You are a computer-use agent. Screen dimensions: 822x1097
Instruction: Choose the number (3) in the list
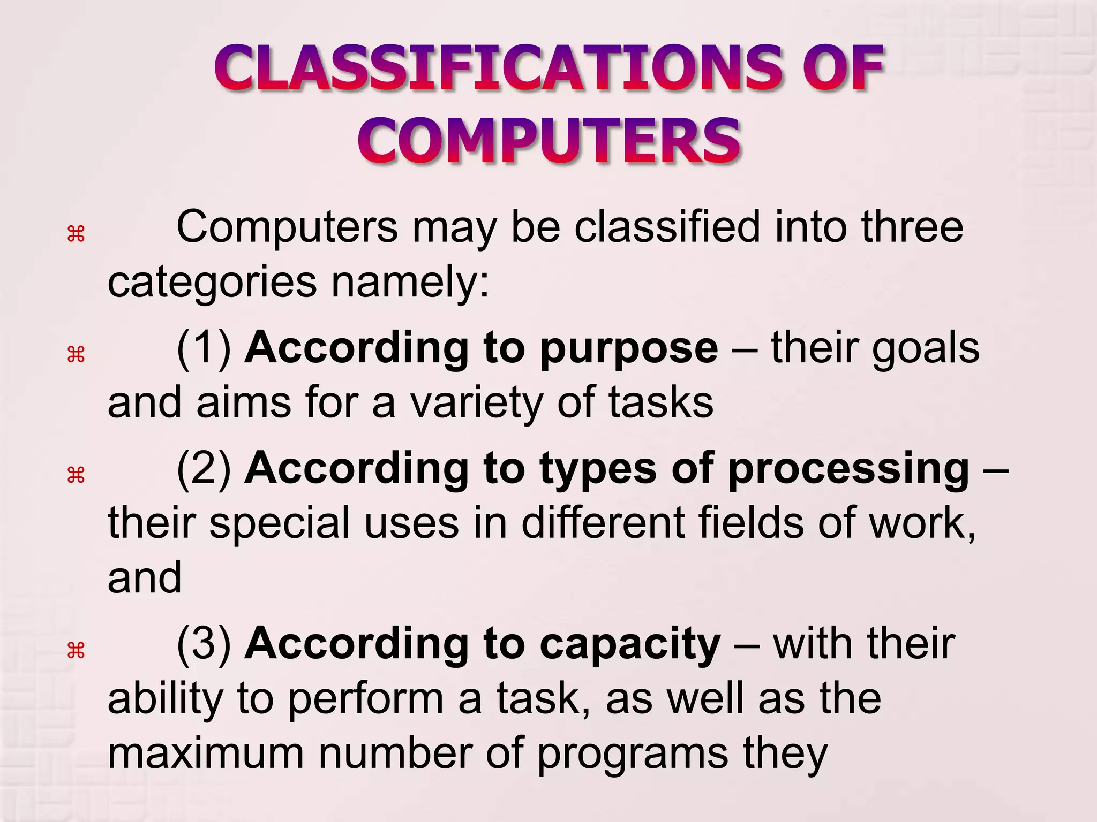pos(204,644)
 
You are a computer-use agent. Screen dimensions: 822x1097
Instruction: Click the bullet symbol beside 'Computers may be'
pos(76,234)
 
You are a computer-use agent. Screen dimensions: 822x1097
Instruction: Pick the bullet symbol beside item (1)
pos(76,354)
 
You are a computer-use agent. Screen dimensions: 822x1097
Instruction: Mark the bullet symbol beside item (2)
pos(76,475)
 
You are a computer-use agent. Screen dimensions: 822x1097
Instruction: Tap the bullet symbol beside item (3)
pos(76,651)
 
